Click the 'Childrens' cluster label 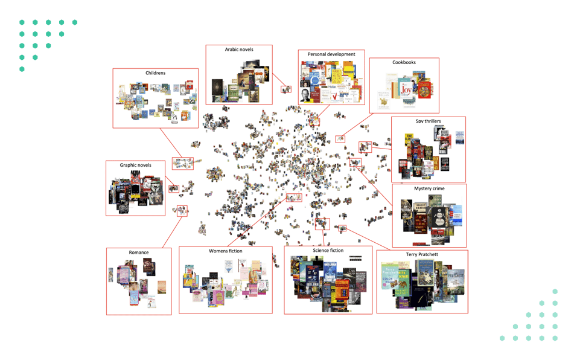tap(155, 73)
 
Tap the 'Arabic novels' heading tap(239, 50)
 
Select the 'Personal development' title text tap(331, 54)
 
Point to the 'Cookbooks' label tap(404, 62)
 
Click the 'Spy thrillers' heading tap(428, 121)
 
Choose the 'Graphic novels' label tap(135, 165)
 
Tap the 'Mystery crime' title tap(429, 188)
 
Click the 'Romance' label tap(138, 252)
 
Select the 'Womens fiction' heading tap(226, 251)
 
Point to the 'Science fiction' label tap(328, 250)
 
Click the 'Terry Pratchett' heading tap(422, 254)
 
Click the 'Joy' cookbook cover tap(406, 90)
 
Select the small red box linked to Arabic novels tap(286, 89)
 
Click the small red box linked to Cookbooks tap(340, 140)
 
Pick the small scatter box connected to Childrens tap(183, 163)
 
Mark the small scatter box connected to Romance tap(182, 211)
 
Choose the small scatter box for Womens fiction tap(294, 198)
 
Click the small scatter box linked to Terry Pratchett tap(342, 228)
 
